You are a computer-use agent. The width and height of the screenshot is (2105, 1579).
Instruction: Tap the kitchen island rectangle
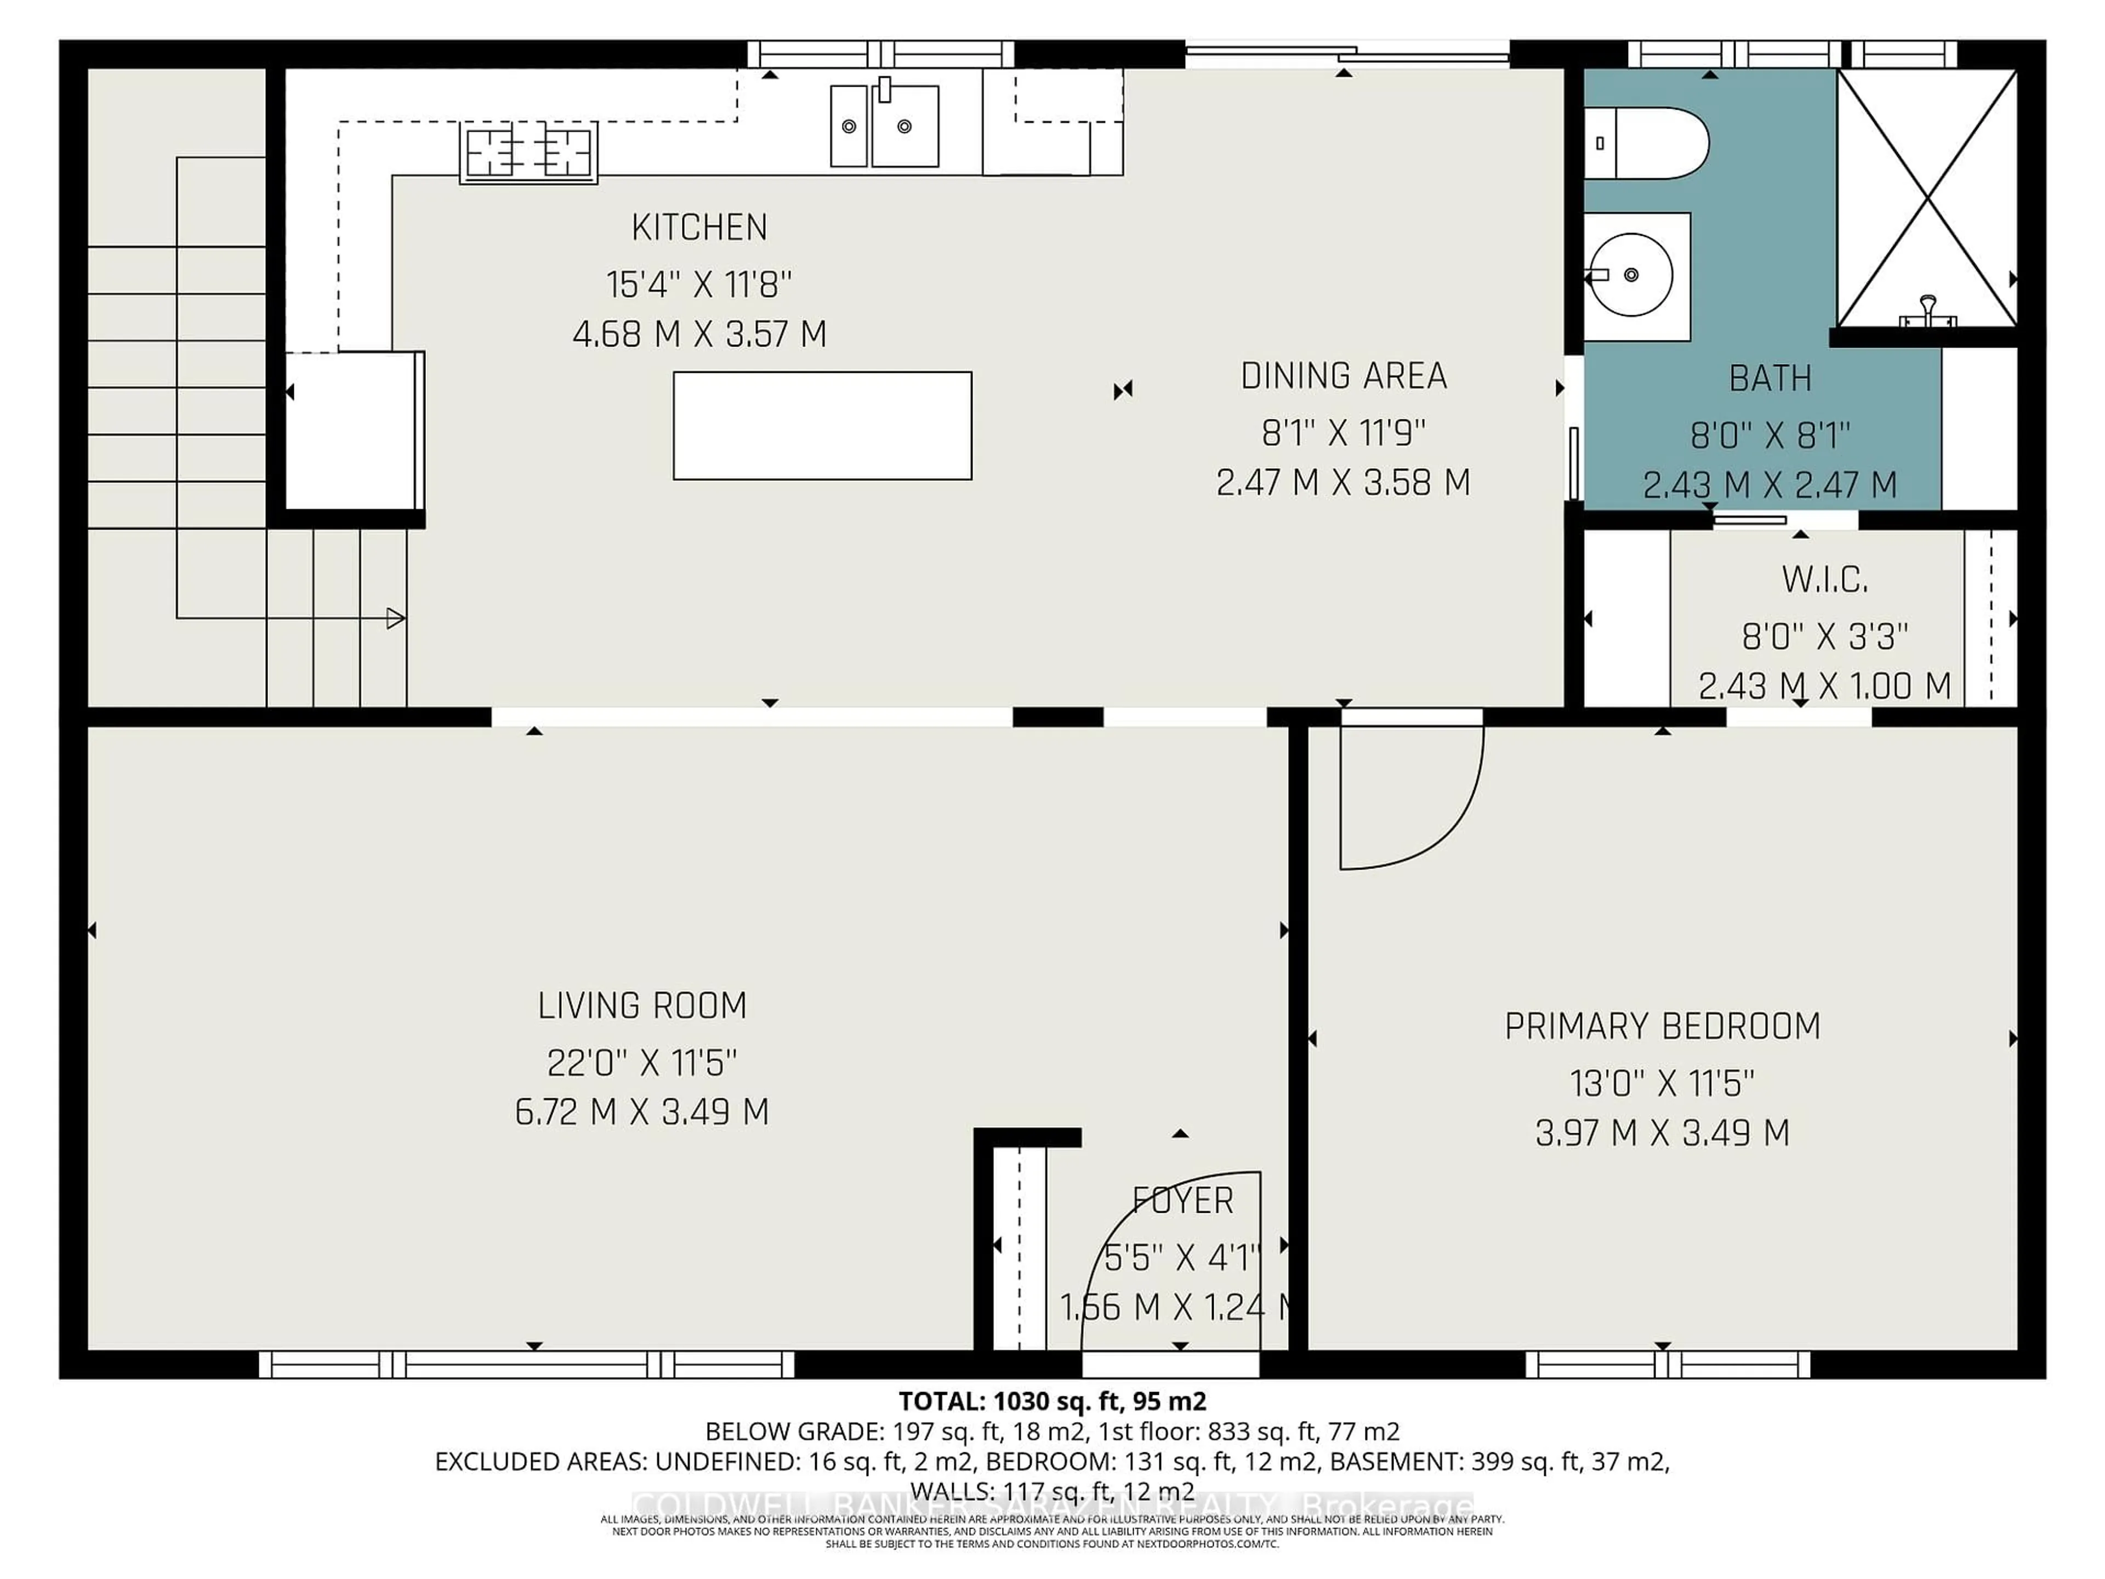click(x=822, y=425)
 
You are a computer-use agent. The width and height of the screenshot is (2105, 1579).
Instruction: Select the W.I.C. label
click(x=1824, y=580)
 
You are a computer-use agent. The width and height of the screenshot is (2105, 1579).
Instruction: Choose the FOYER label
click(x=1183, y=1201)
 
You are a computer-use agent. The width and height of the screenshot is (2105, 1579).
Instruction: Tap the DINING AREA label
click(x=1342, y=376)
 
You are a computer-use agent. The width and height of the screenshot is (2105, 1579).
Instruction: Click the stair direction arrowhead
click(x=396, y=618)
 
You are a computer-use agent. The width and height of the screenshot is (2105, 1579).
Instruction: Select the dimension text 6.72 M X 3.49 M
click(x=642, y=1112)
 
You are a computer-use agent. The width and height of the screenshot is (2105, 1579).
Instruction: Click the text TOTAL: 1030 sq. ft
click(x=1051, y=1401)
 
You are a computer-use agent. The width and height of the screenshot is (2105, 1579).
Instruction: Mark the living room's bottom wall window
click(x=526, y=1365)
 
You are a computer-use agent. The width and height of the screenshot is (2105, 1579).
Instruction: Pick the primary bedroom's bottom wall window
click(x=1667, y=1365)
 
